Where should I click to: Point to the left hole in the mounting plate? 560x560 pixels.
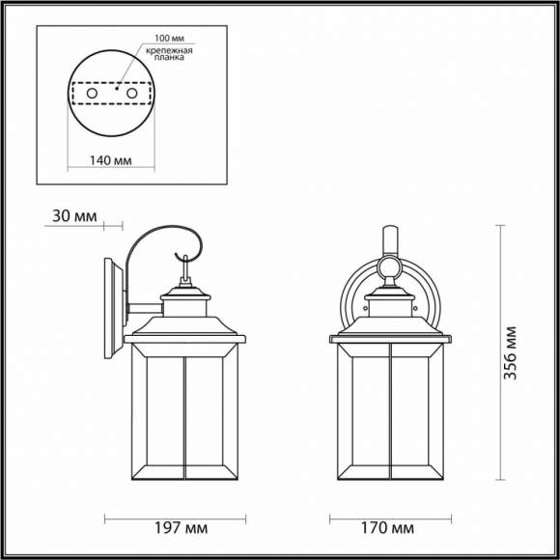89,94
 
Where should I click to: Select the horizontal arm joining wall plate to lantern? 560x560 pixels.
143,310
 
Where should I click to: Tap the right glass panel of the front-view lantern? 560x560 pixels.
411,416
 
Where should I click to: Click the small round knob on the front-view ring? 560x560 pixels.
390,266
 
